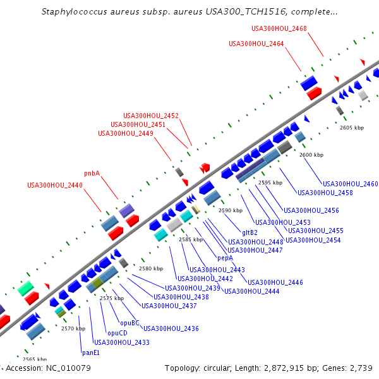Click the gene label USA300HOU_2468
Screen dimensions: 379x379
point(279,28)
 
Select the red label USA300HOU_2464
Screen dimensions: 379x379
point(256,44)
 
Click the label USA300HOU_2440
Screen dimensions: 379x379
point(55,186)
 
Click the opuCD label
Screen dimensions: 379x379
point(117,333)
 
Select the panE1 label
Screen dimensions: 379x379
point(91,352)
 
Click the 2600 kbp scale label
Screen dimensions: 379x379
point(311,155)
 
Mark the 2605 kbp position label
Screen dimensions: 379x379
point(352,128)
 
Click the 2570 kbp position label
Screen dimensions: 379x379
point(73,328)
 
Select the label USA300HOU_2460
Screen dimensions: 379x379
point(351,184)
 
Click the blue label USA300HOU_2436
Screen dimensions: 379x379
point(171,328)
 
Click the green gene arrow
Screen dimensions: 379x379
point(26,289)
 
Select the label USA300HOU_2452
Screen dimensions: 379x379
point(151,116)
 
